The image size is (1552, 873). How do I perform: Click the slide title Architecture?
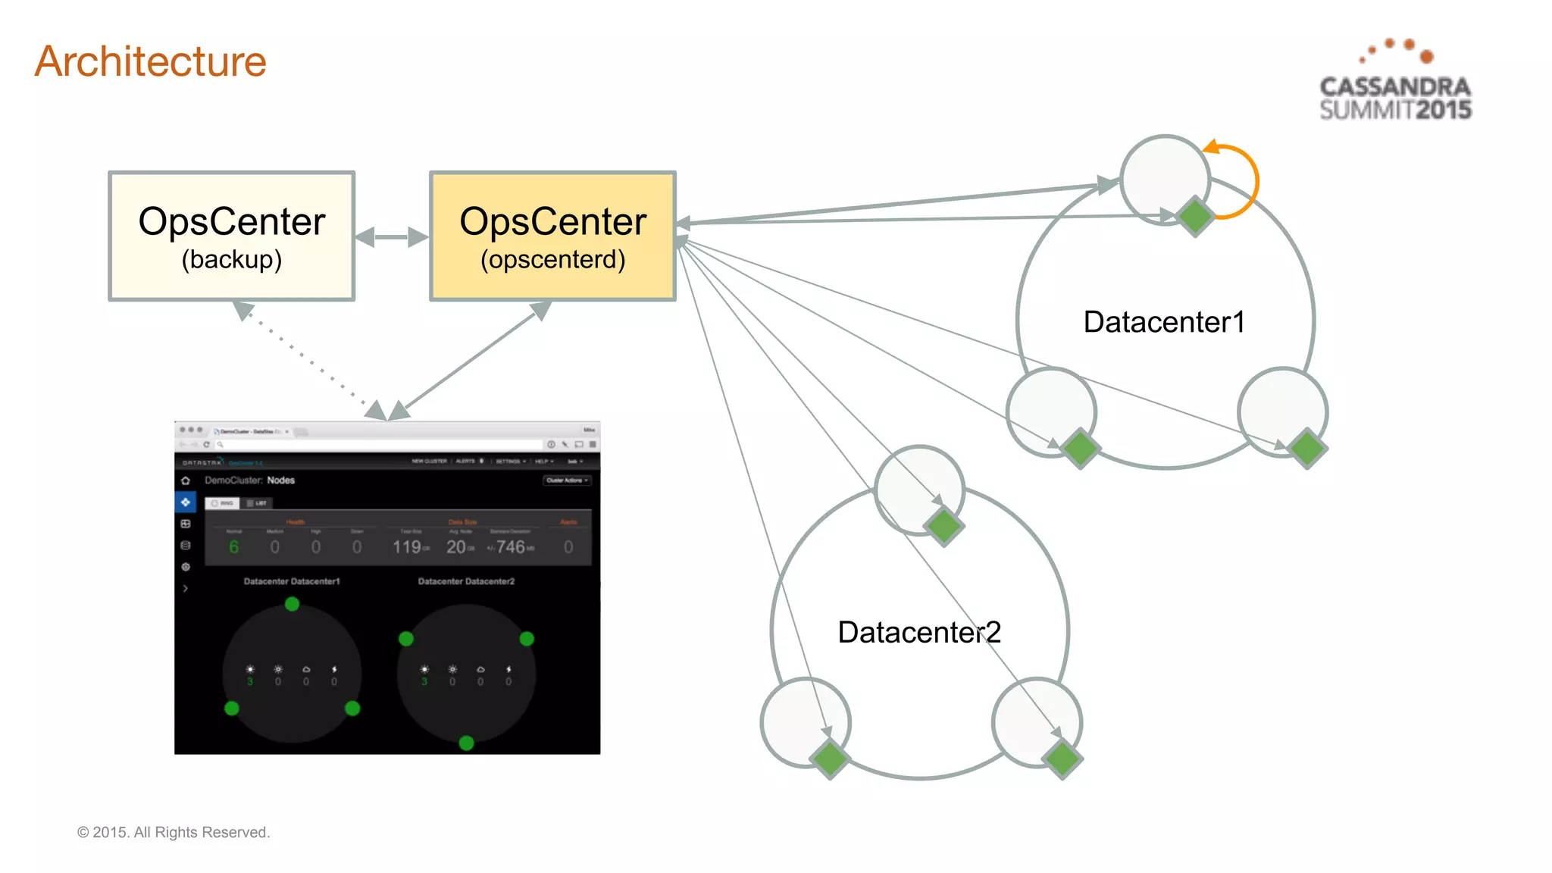pyautogui.click(x=151, y=61)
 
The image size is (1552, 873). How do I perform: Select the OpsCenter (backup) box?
pyautogui.click(x=232, y=236)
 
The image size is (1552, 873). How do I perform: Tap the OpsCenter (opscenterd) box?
pyautogui.click(x=552, y=236)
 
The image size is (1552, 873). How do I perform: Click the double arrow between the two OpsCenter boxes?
pyautogui.click(x=392, y=237)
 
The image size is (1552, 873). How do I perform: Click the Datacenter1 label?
pyautogui.click(x=1164, y=322)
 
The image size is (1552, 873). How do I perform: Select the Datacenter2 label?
pyautogui.click(x=918, y=632)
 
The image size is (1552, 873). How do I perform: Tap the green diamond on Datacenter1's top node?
pyautogui.click(x=1195, y=217)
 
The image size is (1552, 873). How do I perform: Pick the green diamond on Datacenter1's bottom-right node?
pyautogui.click(x=1307, y=449)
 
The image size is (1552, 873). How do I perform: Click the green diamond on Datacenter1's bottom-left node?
pyautogui.click(x=1080, y=449)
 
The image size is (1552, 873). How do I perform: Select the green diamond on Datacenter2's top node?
pyautogui.click(x=944, y=527)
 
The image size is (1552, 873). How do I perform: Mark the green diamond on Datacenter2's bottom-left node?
pyautogui.click(x=830, y=759)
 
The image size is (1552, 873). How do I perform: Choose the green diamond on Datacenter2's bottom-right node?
pyautogui.click(x=1062, y=759)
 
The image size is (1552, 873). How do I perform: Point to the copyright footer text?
pyautogui.click(x=174, y=832)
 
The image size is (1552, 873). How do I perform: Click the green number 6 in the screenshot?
pyautogui.click(x=233, y=547)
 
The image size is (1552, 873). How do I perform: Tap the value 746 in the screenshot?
pyautogui.click(x=511, y=547)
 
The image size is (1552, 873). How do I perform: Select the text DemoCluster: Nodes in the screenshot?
pyautogui.click(x=249, y=480)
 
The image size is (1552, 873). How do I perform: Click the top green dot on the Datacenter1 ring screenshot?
pyautogui.click(x=292, y=604)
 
